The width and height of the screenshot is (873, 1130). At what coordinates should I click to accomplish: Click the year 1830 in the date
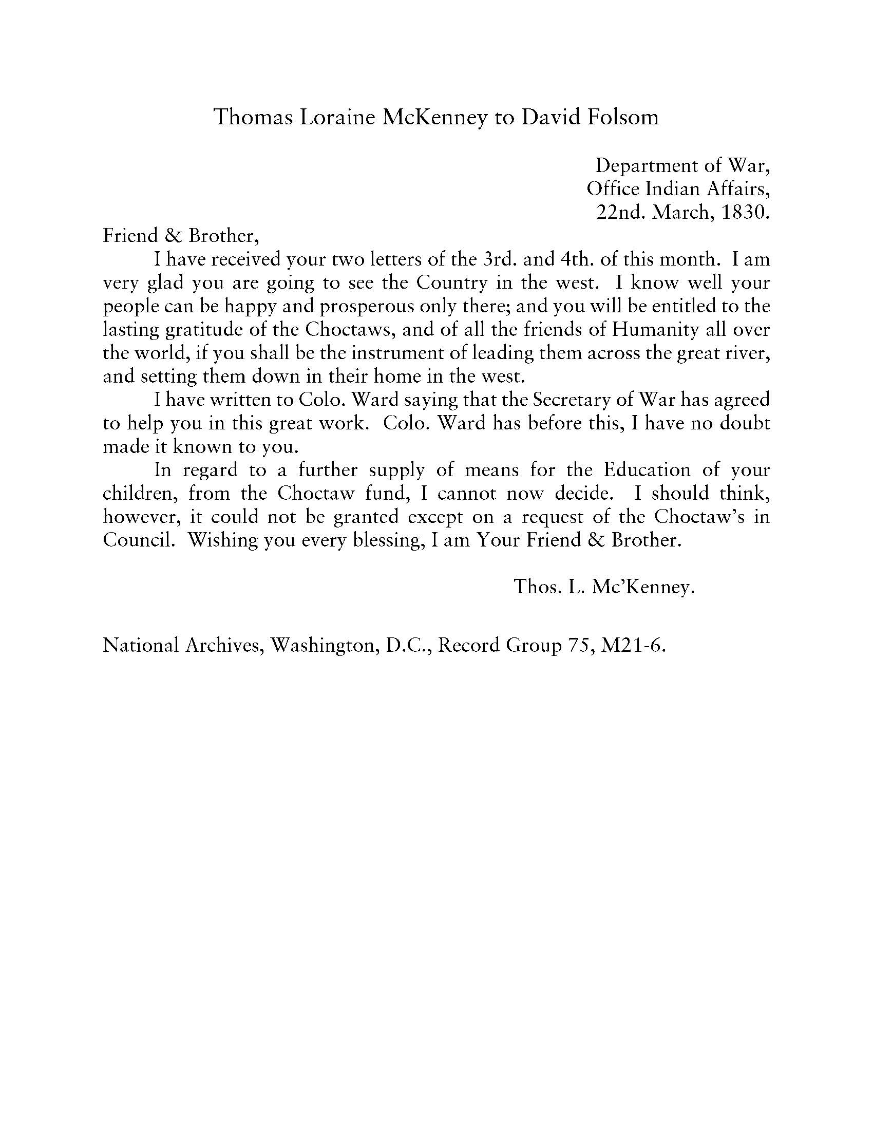coord(743,212)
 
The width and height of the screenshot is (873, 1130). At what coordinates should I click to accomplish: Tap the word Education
coord(647,470)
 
